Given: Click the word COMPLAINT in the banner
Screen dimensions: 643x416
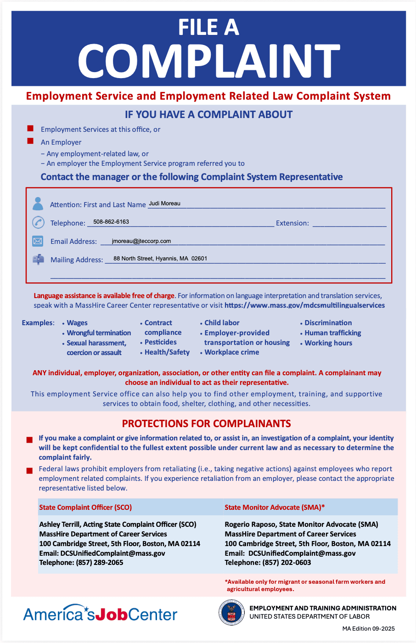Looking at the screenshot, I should point(208,62).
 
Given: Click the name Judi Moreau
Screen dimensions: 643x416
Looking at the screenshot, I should point(164,203).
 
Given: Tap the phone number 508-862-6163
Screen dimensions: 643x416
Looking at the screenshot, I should point(111,222).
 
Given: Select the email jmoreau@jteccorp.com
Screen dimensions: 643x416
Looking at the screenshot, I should point(141,241).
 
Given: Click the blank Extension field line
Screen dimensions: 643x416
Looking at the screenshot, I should point(349,224).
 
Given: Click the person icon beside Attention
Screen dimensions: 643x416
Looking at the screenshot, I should point(38,203).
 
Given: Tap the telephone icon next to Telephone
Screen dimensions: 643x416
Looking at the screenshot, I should point(38,222).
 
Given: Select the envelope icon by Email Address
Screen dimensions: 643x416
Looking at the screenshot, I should point(38,241).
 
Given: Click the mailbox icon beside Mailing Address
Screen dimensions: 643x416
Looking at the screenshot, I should point(38,259).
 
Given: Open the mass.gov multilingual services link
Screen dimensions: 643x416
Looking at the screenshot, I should point(304,305).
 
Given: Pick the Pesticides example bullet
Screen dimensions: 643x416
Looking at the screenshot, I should point(160,342).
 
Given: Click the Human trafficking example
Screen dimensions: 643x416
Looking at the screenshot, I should point(333,333).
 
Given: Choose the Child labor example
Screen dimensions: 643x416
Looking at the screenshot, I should point(222,323).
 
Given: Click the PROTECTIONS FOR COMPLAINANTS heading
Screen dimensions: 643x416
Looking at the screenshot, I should point(207,423).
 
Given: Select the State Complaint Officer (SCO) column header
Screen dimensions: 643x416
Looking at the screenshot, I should point(85,508).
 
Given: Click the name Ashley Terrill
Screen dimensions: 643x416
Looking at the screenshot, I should point(60,525).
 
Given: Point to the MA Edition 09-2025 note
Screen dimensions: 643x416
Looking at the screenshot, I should point(368,629).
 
